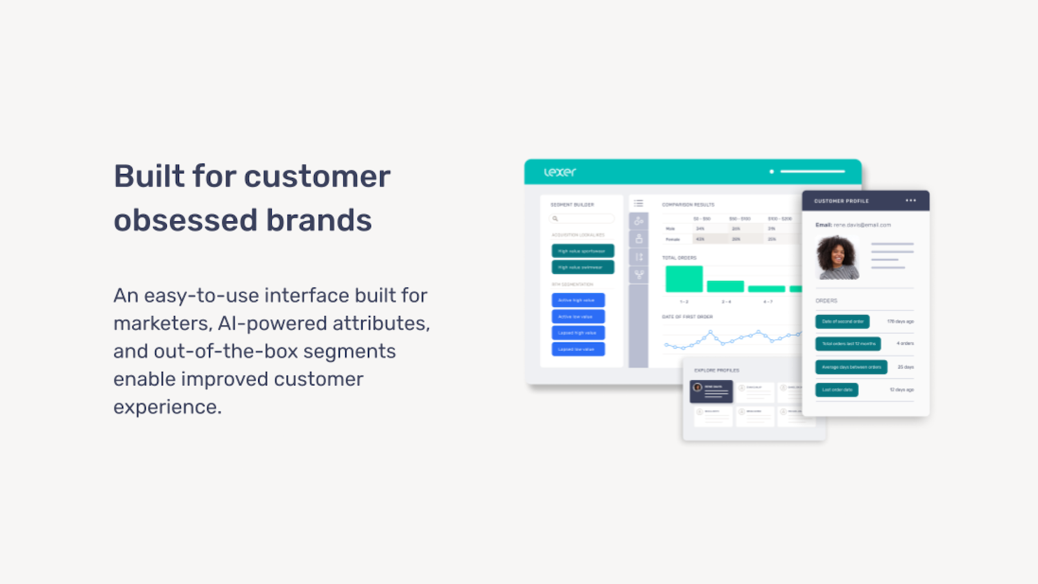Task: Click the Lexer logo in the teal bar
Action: click(560, 172)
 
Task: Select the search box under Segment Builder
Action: click(582, 219)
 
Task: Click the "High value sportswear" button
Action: click(583, 251)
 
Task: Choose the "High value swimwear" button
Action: click(583, 267)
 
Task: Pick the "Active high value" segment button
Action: click(578, 300)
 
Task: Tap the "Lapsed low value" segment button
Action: click(578, 349)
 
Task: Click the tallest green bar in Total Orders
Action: click(684, 279)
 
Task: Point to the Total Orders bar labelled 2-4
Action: click(725, 286)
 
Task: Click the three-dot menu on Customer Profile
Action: click(911, 201)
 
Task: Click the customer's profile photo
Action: click(838, 258)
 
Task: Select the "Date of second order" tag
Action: click(842, 322)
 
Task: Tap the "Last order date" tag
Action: click(837, 390)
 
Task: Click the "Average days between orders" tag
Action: click(851, 367)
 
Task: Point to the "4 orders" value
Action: click(905, 343)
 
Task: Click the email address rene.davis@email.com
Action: click(862, 225)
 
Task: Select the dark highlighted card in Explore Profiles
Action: click(711, 391)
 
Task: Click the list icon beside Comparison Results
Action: click(638, 204)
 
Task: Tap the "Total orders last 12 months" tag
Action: click(848, 344)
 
